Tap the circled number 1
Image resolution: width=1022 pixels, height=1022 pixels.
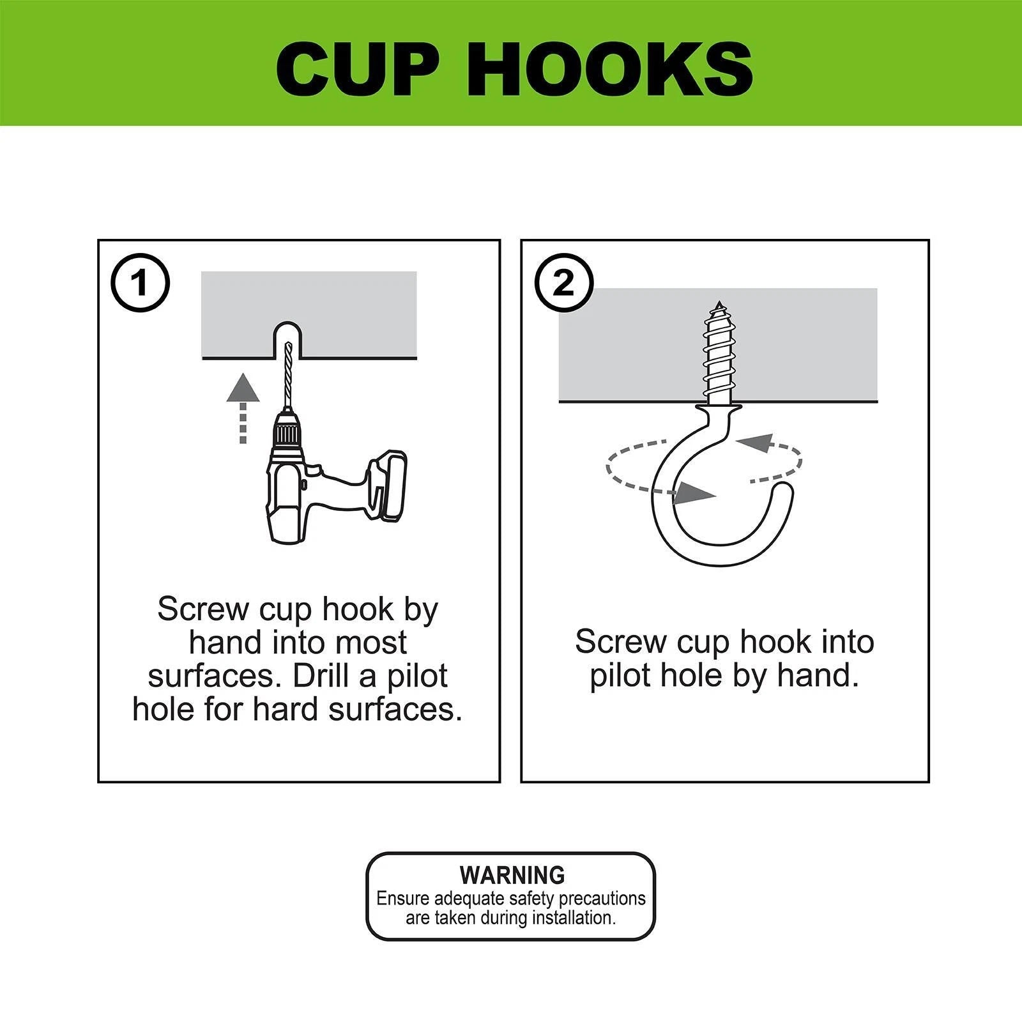[141, 282]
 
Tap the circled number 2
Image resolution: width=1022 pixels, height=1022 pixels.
[564, 282]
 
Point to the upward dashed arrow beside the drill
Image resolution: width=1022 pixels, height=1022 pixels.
[243, 409]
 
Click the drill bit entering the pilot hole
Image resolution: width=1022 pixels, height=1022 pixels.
[287, 377]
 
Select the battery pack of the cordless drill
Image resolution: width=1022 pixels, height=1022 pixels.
[387, 485]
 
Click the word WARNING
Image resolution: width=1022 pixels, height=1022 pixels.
[512, 874]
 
